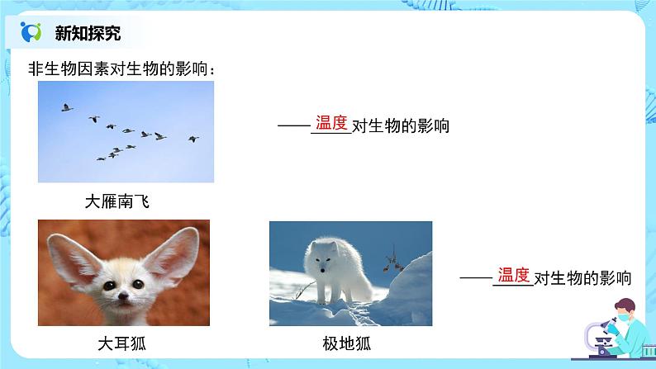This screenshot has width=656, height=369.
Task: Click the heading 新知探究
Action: tap(88, 33)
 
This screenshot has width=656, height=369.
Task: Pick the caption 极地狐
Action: tap(349, 343)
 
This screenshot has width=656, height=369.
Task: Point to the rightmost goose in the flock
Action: tap(193, 139)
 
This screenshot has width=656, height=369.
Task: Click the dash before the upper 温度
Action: tap(293, 125)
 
